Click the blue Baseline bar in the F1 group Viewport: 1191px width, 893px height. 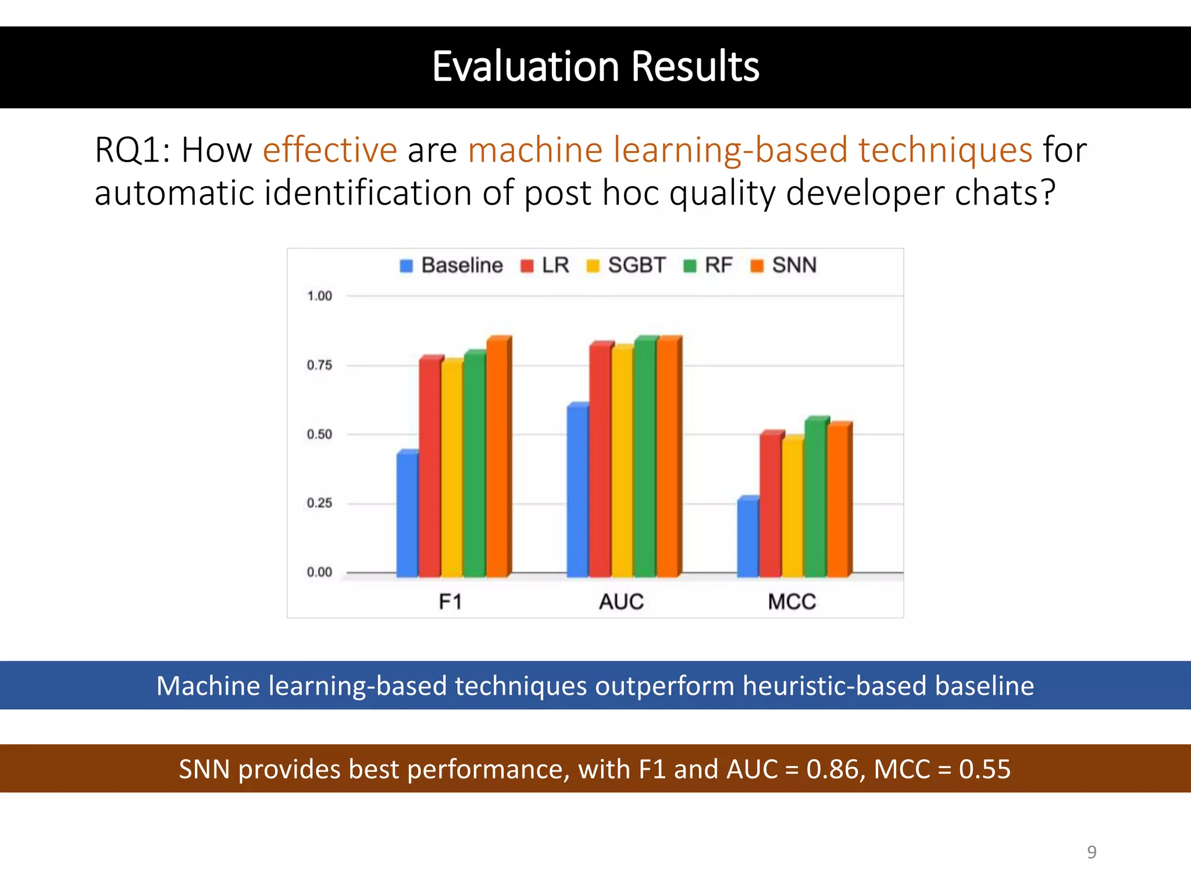tap(407, 515)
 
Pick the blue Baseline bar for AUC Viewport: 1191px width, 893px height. tap(577, 491)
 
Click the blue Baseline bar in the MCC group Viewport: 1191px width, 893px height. tap(748, 538)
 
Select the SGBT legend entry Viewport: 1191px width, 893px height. tap(626, 265)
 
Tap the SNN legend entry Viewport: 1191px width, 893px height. tap(784, 265)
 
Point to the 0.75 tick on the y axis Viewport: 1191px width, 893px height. tap(319, 365)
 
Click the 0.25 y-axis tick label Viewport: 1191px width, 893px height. tap(319, 503)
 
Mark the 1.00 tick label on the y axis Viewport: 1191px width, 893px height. tap(319, 296)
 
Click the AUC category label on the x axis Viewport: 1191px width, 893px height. tap(621, 601)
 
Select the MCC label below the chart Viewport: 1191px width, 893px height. tap(791, 601)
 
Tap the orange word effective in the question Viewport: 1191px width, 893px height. tap(330, 150)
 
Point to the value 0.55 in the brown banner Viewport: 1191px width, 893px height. tap(985, 769)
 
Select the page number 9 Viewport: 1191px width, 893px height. tap(1092, 852)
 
